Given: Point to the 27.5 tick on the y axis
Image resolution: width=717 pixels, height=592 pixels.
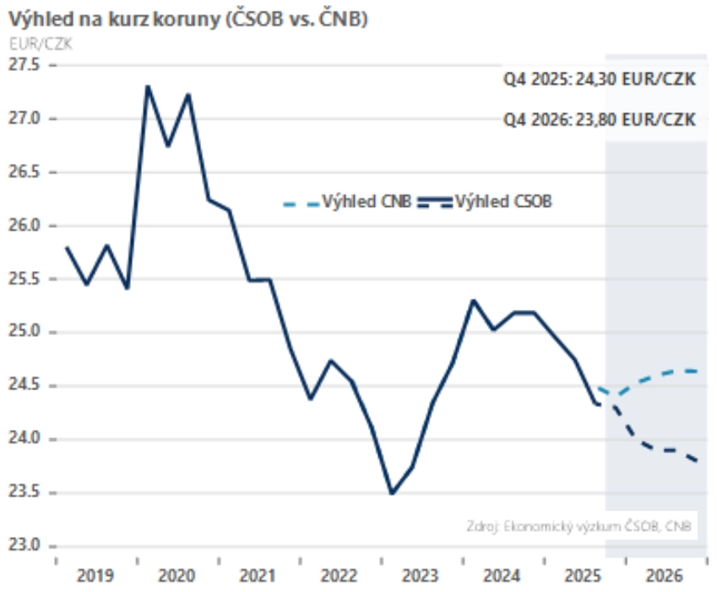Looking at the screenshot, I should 26,65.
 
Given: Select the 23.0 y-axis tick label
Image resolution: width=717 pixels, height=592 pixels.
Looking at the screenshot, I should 26,546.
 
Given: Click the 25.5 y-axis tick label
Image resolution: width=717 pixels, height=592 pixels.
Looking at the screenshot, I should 26,279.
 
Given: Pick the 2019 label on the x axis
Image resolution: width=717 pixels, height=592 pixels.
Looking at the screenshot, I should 95,576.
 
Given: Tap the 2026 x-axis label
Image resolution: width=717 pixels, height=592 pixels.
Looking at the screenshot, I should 665,576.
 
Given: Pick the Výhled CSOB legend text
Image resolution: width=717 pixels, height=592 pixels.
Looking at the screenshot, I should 504,202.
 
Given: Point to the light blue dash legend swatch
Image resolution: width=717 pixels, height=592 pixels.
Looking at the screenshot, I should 301,203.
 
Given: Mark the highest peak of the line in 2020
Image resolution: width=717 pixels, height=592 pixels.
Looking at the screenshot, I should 148,86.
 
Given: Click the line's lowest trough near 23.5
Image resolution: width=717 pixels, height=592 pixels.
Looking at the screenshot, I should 392,493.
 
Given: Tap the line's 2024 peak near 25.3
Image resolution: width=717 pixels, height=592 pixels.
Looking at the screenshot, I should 474,300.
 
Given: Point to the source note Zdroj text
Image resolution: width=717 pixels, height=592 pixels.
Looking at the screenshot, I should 583,526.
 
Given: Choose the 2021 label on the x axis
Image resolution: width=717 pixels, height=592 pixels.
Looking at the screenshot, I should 258,576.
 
